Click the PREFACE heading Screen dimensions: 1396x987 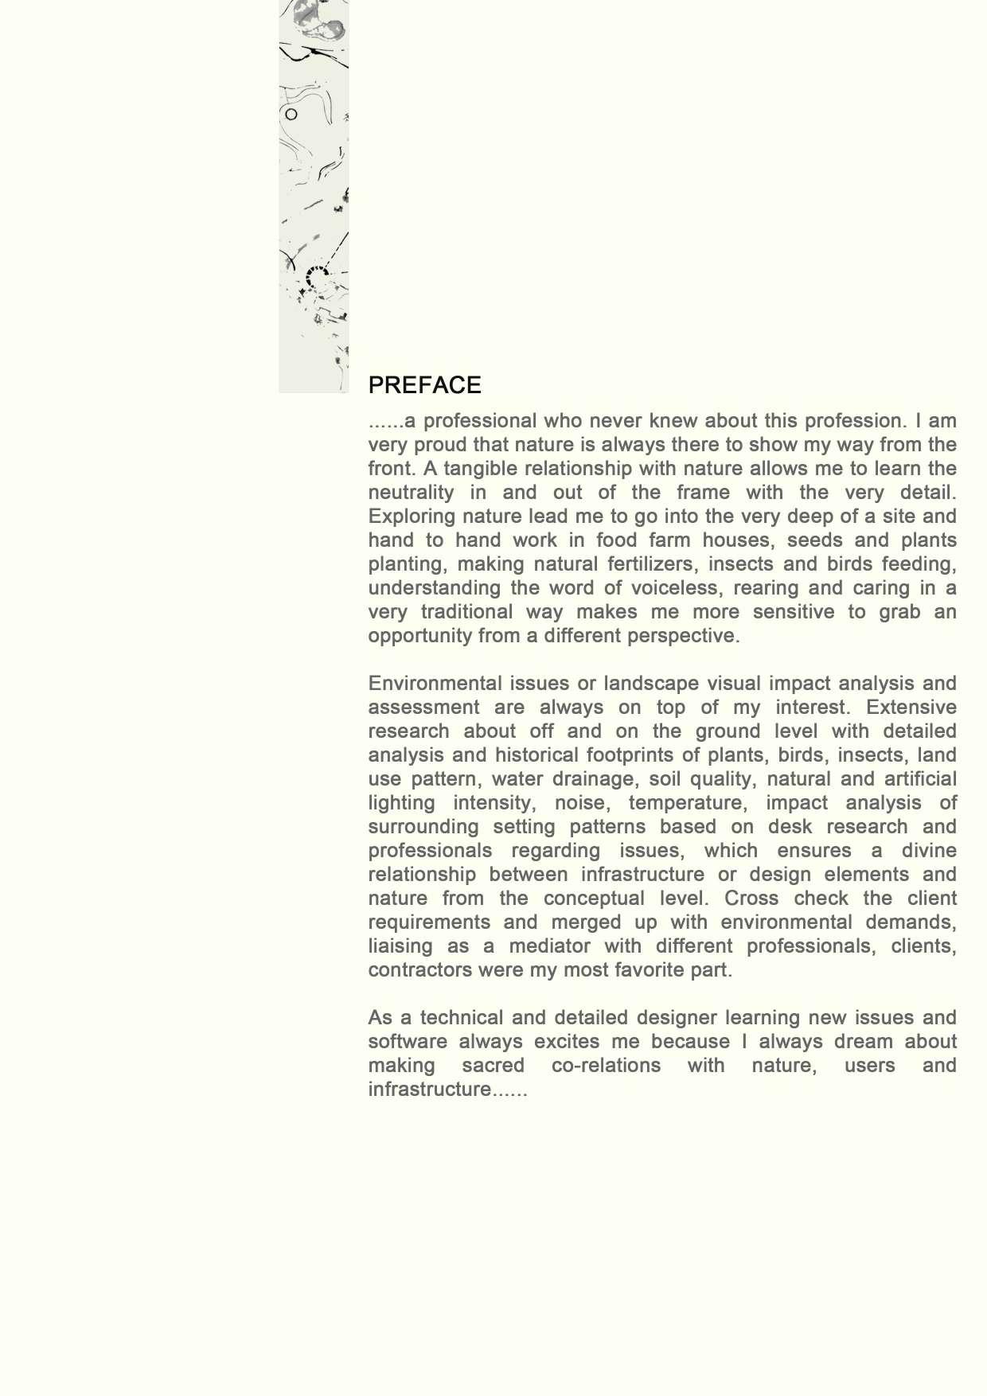(424, 385)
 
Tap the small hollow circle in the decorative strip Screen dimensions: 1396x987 (291, 115)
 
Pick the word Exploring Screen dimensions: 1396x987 (407, 516)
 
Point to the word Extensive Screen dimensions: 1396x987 (911, 707)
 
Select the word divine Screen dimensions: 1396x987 (928, 850)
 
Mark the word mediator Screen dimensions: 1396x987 (549, 946)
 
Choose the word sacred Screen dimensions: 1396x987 (493, 1065)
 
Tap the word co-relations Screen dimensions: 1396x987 (606, 1065)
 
